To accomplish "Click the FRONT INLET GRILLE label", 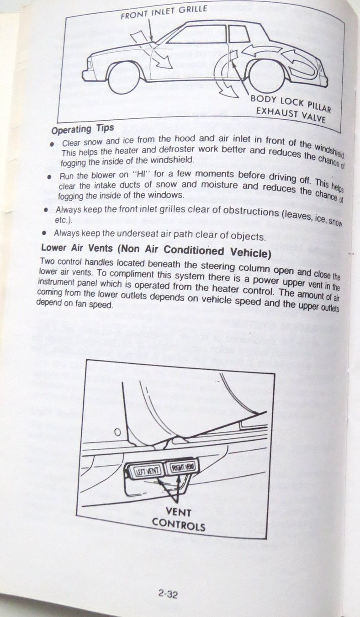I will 164,11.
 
